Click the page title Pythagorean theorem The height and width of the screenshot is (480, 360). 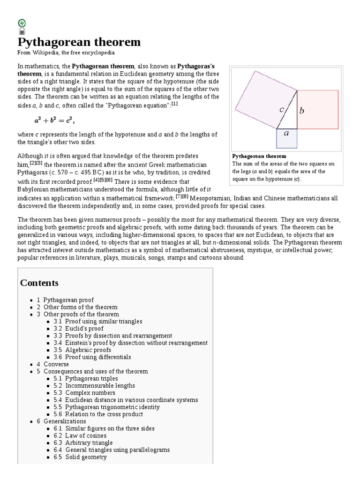[x=79, y=42]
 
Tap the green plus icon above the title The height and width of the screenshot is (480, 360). [x=22, y=22]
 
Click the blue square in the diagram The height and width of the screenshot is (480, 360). [x=286, y=139]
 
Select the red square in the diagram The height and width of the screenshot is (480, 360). [x=318, y=109]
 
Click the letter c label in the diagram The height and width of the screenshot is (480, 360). [x=282, y=110]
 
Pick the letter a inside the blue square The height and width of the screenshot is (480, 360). [x=287, y=133]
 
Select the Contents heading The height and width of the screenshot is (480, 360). [x=39, y=283]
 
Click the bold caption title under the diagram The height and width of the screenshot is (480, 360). [x=259, y=156]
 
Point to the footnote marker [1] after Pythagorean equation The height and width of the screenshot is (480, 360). [x=174, y=104]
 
